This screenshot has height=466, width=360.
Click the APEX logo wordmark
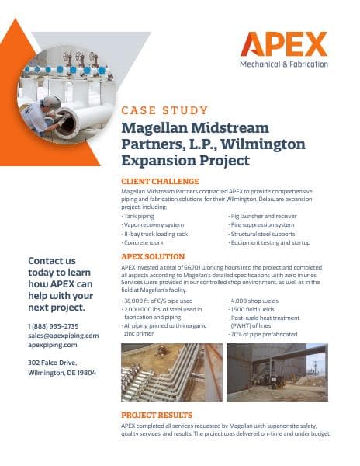pyautogui.click(x=283, y=45)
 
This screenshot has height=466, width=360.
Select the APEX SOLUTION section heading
pyautogui.click(x=153, y=256)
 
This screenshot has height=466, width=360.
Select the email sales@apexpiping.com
pyautogui.click(x=64, y=336)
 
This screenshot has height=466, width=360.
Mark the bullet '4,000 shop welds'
pyautogui.click(x=255, y=300)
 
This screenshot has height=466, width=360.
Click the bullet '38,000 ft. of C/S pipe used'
pyautogui.click(x=159, y=300)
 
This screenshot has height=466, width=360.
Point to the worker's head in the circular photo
pyautogui.click(x=50, y=103)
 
